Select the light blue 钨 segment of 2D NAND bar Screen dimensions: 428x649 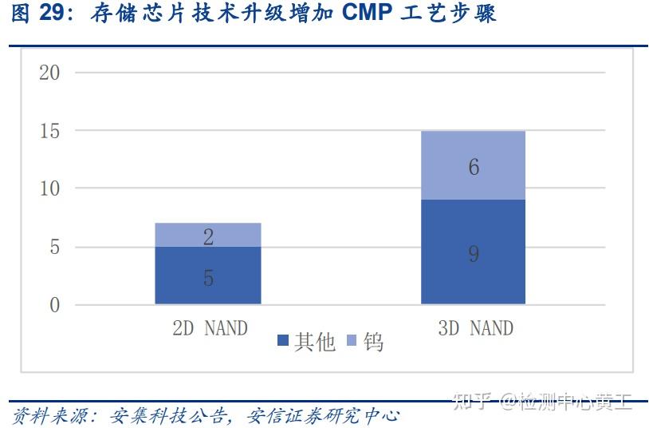click(x=207, y=235)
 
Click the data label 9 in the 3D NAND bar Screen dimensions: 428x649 click(x=474, y=255)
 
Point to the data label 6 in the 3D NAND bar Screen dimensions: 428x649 click(x=474, y=168)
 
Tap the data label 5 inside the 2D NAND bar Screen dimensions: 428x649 click(x=208, y=279)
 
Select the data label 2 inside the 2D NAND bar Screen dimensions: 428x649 click(x=208, y=236)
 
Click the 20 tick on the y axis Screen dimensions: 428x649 click(x=49, y=73)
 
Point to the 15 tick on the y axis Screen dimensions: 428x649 click(x=49, y=131)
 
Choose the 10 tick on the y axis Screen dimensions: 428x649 click(x=49, y=189)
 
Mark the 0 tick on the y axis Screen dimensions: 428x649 click(x=54, y=305)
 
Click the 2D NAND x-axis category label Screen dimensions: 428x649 click(x=210, y=328)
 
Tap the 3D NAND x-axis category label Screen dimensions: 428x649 click(x=475, y=328)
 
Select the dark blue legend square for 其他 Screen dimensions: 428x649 click(x=283, y=342)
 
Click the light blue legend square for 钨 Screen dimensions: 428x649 click(x=352, y=342)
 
